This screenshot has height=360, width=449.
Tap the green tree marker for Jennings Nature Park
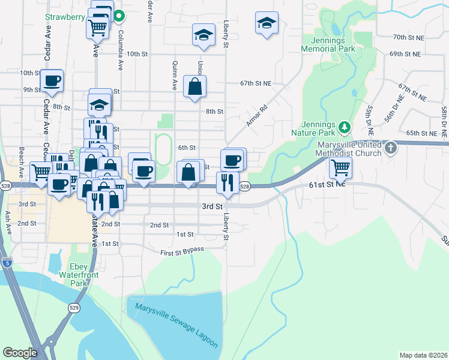point(344,127)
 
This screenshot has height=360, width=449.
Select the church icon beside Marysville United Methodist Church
point(390,148)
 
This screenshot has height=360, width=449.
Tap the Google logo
point(20,353)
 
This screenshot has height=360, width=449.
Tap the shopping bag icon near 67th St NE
point(195,86)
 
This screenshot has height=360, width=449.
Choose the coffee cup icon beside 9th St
point(52,80)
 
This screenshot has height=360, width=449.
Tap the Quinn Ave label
point(174,76)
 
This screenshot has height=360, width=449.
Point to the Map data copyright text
point(423,355)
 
